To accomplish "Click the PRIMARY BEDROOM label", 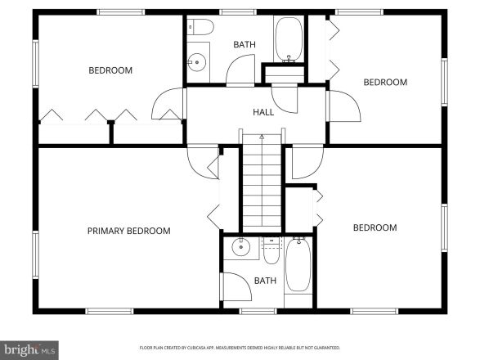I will [x=128, y=231].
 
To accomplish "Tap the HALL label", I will [x=262, y=112].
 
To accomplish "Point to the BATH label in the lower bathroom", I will [x=265, y=281].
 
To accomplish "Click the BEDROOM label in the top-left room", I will [x=110, y=70].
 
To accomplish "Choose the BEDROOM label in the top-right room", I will [x=384, y=82].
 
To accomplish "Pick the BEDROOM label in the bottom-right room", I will [x=375, y=227].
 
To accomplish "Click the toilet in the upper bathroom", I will [x=200, y=29].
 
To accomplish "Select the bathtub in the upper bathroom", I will [x=288, y=40].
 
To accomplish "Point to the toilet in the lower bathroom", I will [x=271, y=250].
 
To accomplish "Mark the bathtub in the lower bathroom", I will [x=297, y=265].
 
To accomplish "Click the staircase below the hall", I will [x=261, y=184].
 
